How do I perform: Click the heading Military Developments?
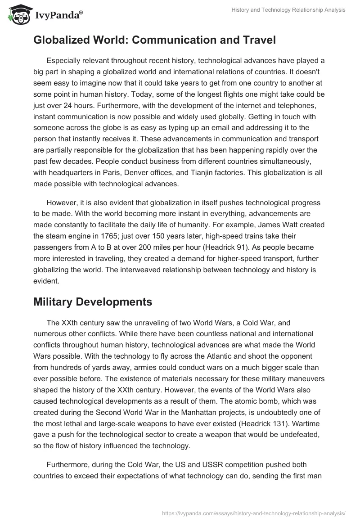(x=93, y=302)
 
